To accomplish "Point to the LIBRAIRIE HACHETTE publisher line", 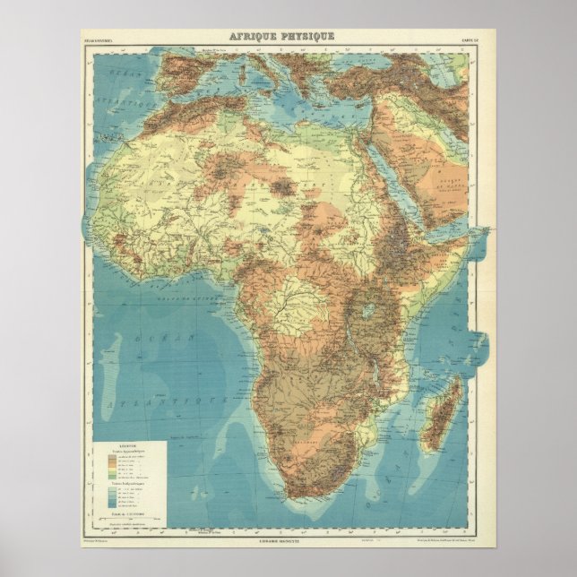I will [x=288, y=541].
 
